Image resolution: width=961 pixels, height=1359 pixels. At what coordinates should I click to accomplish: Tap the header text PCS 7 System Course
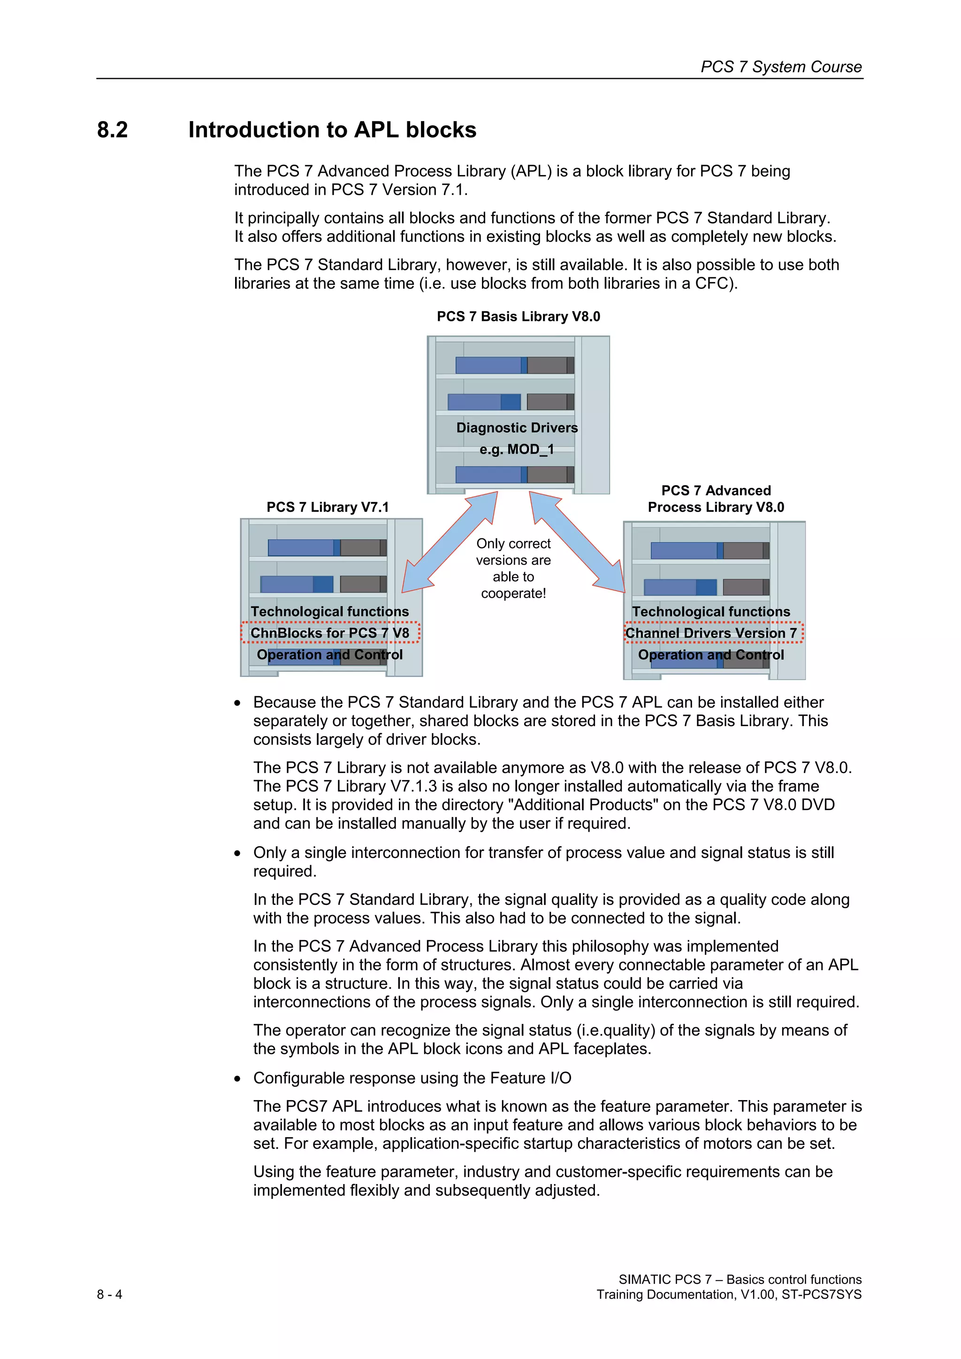pos(780,67)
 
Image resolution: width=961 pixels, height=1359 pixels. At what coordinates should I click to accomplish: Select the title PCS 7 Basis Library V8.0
pos(518,317)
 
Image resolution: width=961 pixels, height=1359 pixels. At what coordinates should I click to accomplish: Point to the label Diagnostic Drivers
pos(516,428)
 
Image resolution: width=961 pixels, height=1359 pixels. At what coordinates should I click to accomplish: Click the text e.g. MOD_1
pos(516,450)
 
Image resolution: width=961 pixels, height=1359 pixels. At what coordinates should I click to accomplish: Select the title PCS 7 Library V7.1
pos(328,507)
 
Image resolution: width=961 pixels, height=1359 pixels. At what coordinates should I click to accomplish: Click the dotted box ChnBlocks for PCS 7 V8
pos(330,633)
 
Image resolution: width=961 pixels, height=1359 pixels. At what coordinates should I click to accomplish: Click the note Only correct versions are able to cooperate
pos(513,568)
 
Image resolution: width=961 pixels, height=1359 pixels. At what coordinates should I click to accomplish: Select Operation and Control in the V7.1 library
pos(329,655)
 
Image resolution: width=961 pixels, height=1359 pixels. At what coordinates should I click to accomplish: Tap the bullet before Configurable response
pos(237,1079)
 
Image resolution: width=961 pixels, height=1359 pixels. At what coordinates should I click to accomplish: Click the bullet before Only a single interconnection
pos(237,853)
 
